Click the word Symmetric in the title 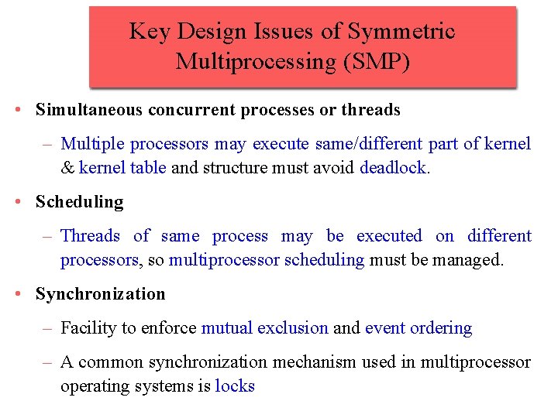(401, 31)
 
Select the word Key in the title (146, 31)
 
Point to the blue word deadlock (393, 167)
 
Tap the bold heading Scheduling (79, 202)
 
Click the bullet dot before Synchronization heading (17, 294)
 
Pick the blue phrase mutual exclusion (264, 328)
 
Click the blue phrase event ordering (418, 328)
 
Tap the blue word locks (235, 386)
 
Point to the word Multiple (93, 143)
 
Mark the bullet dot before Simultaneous (17, 110)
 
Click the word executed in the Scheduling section (389, 236)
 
